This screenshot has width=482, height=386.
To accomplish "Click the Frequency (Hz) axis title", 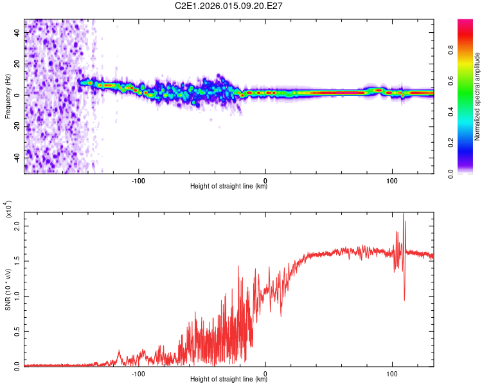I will (x=8, y=95).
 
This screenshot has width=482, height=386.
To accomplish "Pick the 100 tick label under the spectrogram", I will (x=391, y=179).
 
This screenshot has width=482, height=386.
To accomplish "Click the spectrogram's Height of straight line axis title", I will (x=229, y=187).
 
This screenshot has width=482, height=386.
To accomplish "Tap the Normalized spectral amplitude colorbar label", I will (x=477, y=96).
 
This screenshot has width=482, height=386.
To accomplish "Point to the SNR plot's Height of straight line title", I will (x=229, y=380).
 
